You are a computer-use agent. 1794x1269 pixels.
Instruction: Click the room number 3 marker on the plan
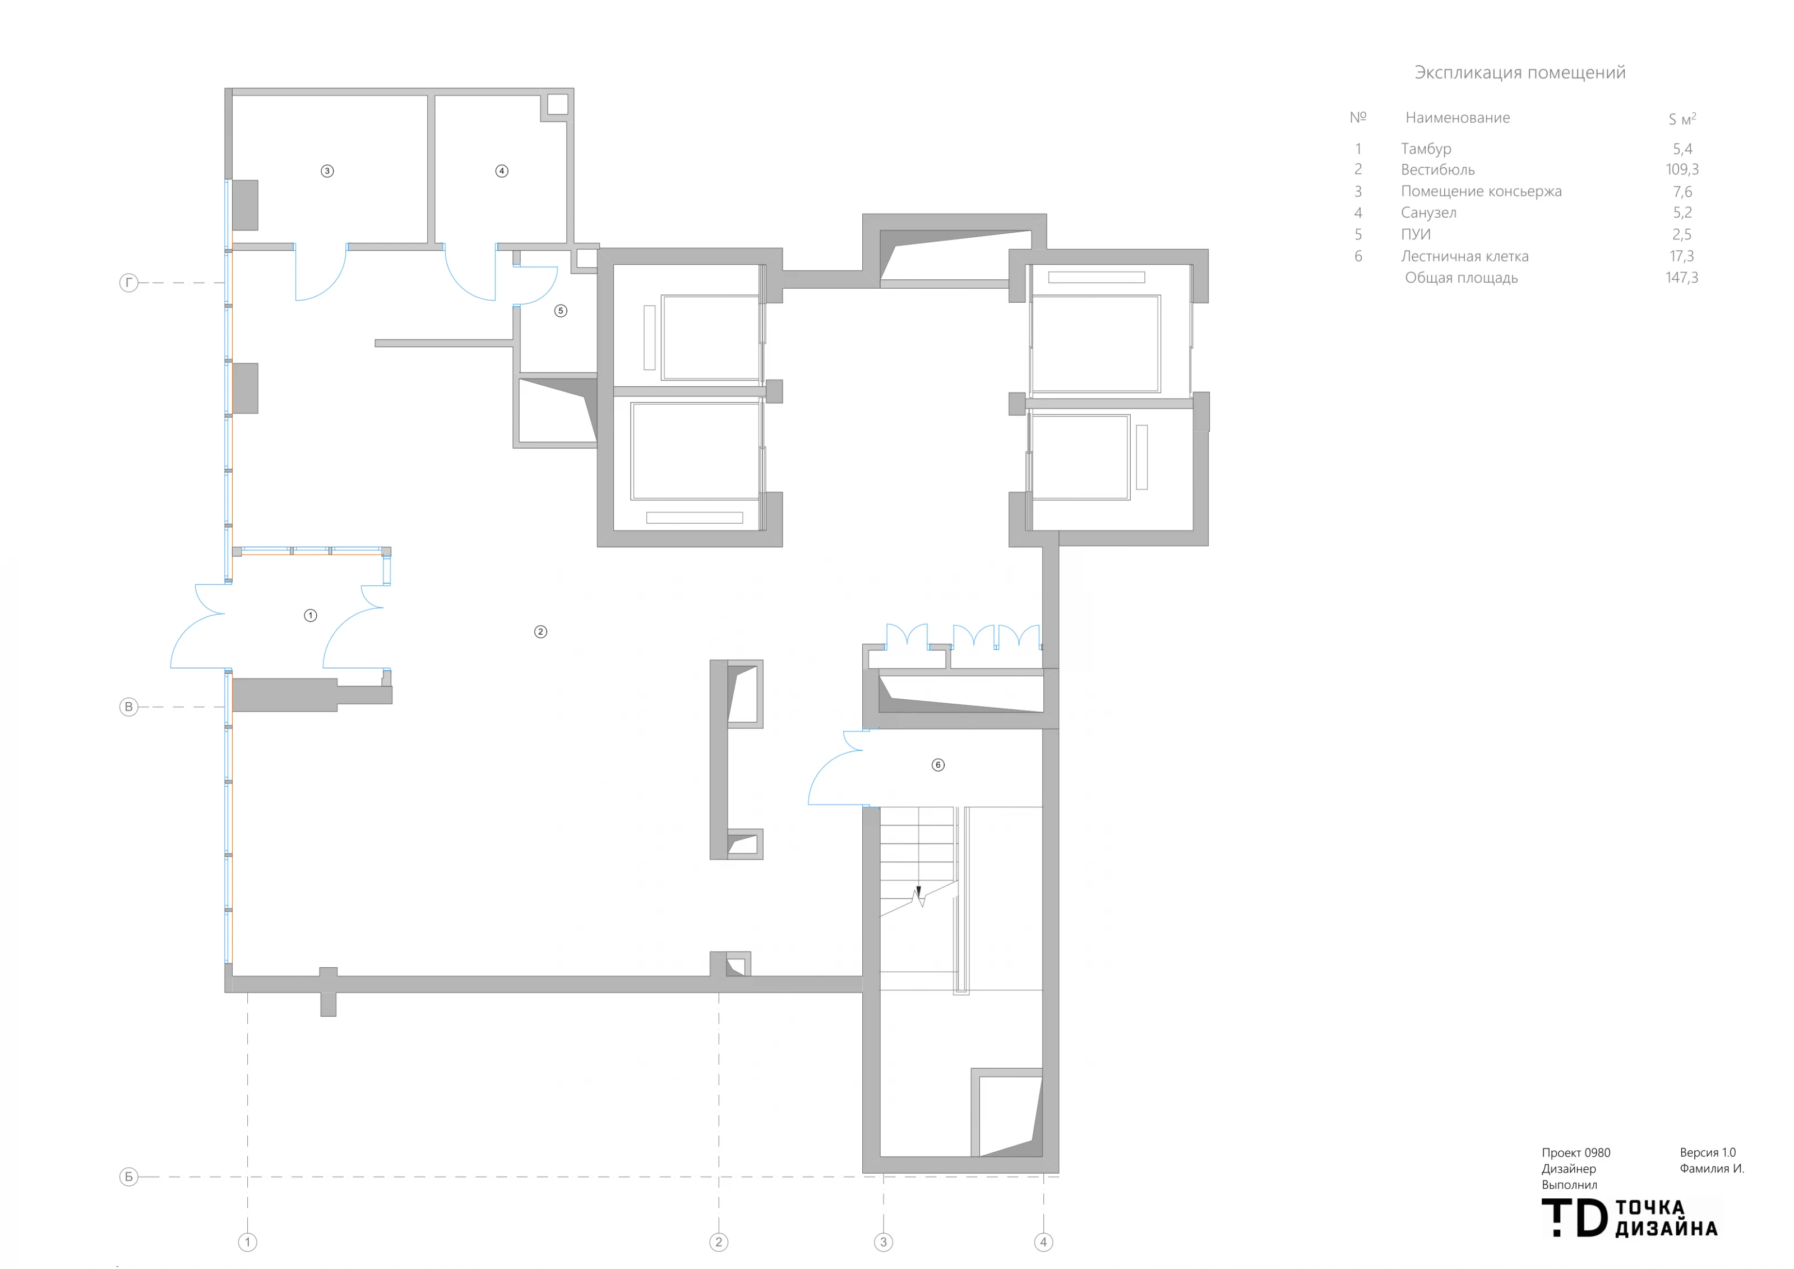[327, 171]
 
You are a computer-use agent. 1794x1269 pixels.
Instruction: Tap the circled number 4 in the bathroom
[502, 171]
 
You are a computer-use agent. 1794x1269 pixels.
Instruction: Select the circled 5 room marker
[560, 311]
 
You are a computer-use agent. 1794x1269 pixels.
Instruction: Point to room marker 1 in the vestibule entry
[310, 616]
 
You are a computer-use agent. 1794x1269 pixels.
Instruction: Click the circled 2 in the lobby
[540, 632]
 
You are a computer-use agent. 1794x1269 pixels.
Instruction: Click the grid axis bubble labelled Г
[129, 283]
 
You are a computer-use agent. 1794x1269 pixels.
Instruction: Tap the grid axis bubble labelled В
[129, 707]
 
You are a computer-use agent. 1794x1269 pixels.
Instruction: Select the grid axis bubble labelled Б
[129, 1177]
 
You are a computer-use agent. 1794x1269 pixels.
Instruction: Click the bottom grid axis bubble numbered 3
[884, 1242]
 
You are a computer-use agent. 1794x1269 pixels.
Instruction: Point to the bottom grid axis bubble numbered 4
[1043, 1242]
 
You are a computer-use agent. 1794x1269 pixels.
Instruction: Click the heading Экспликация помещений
[1520, 73]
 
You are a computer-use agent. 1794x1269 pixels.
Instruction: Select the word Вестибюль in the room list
[1437, 169]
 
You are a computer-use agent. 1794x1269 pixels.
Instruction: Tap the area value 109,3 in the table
[1682, 169]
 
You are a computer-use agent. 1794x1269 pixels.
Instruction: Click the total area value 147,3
[1682, 278]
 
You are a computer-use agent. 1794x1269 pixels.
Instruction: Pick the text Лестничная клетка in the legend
[1465, 256]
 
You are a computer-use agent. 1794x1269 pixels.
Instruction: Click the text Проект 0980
[1576, 1152]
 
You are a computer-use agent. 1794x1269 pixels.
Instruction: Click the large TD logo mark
[1574, 1218]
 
